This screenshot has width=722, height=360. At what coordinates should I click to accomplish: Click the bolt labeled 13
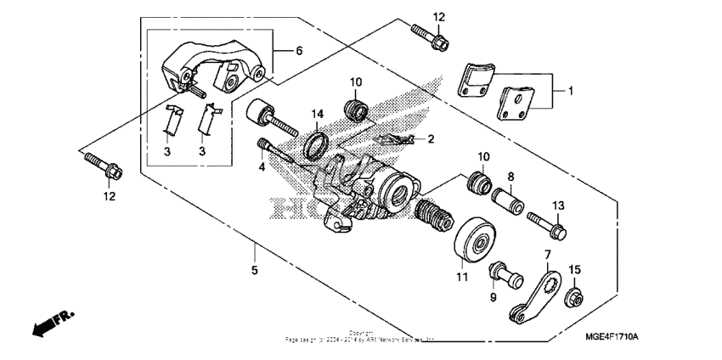[x=546, y=225]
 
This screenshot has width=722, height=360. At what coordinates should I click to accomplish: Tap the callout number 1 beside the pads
[x=571, y=90]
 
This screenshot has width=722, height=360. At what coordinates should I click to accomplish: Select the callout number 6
[x=298, y=51]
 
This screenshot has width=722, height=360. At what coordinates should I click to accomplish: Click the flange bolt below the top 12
[x=427, y=35]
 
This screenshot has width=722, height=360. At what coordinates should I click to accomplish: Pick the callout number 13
[x=557, y=205]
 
